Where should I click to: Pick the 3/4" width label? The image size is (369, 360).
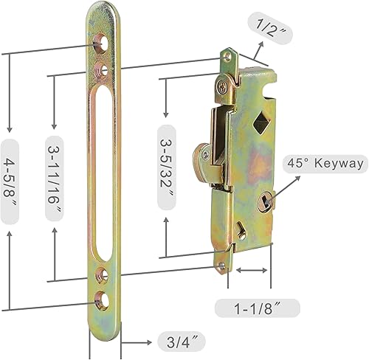pyautogui.click(x=180, y=341)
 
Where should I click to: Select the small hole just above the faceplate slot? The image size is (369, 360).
pyautogui.click(x=102, y=70)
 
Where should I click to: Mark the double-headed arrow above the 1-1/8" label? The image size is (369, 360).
pyautogui.click(x=252, y=271)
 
